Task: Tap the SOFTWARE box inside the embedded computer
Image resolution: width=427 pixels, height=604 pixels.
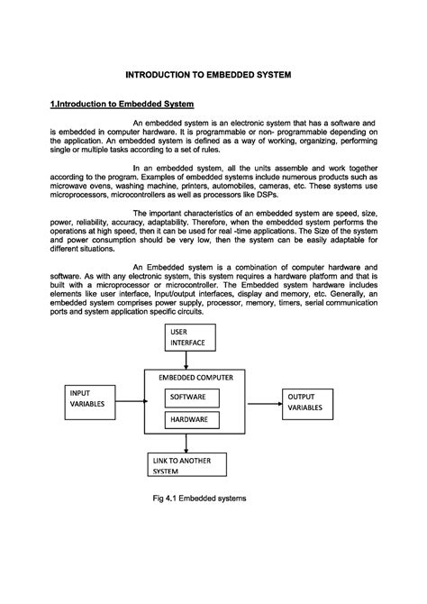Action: pos(187,398)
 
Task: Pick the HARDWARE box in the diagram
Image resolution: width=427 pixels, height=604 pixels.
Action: pos(187,419)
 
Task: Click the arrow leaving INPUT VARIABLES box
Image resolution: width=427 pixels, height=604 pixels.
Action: pos(132,405)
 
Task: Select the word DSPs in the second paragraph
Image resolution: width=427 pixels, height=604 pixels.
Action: pos(267,194)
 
